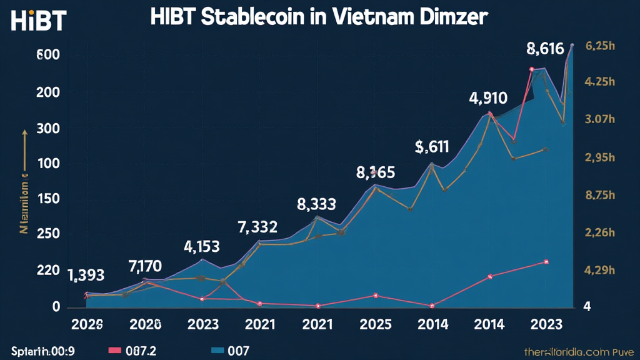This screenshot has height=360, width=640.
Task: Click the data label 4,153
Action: [x=201, y=246]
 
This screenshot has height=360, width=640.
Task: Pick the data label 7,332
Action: [x=257, y=227]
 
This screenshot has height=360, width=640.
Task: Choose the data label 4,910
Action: [x=488, y=98]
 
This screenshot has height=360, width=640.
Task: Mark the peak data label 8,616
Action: [x=549, y=47]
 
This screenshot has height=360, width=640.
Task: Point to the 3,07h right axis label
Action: [x=601, y=119]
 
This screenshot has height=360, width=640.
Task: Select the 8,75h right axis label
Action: [x=601, y=195]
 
